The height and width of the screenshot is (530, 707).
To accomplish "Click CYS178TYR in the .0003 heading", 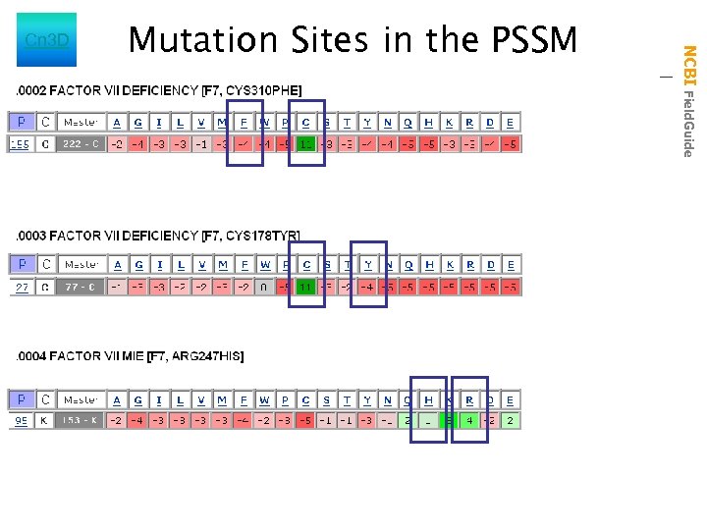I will point(262,236).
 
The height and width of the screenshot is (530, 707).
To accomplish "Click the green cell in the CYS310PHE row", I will point(306,144).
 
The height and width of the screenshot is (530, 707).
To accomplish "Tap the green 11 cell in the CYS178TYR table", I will point(306,287).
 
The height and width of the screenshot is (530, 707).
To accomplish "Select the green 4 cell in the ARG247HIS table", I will point(469,421).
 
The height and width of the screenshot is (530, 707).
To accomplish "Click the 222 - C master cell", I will point(80,144).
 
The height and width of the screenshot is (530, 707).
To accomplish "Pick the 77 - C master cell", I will point(80,287).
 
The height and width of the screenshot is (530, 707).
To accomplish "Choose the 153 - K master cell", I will point(80,421).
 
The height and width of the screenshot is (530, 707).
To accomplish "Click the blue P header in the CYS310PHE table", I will point(21,123).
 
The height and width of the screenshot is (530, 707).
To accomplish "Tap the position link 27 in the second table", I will point(21,287).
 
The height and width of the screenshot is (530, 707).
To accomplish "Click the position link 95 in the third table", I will point(21,421).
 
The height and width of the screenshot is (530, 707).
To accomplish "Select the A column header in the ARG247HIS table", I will point(117,399).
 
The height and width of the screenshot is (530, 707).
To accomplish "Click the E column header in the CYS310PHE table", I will point(511,123).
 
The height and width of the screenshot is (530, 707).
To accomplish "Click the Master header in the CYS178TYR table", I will point(80,265).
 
